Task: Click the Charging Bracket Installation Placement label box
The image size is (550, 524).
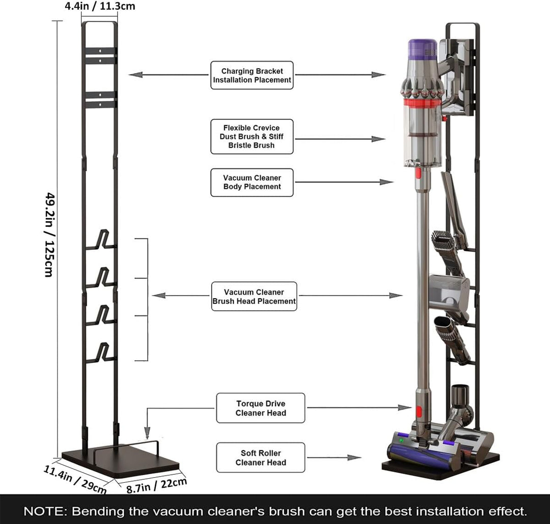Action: click(252, 75)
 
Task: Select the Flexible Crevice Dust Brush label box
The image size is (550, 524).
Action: click(252, 136)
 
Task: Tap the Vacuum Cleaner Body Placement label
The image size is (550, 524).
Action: click(252, 182)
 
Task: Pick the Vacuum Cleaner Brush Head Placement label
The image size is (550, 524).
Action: click(254, 296)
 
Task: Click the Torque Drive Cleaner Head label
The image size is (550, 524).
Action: click(261, 408)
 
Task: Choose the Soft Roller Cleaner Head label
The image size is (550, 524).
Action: click(261, 457)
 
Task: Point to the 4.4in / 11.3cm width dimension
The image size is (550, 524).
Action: click(100, 6)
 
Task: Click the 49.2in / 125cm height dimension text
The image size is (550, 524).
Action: click(50, 235)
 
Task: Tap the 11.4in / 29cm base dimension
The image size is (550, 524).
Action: click(75, 479)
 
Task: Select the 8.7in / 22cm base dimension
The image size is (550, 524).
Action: click(156, 485)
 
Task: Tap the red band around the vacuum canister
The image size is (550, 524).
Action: click(421, 103)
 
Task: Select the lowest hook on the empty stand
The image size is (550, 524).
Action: click(101, 353)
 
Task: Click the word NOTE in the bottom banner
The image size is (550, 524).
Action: click(44, 511)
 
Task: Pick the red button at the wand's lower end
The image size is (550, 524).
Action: click(418, 412)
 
